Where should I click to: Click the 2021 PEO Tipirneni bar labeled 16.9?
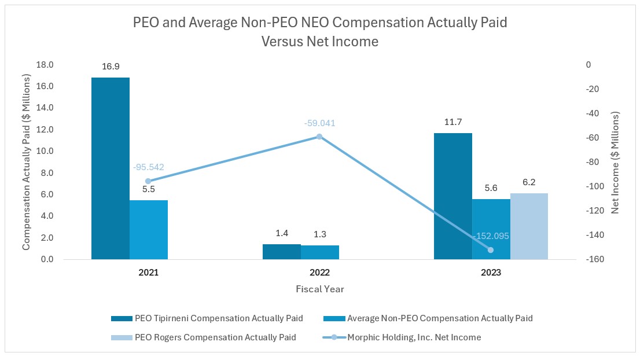[110, 168]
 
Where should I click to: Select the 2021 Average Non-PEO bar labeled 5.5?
[148, 230]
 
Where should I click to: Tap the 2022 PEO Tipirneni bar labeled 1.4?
[281, 252]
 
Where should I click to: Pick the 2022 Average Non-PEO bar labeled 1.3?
[319, 252]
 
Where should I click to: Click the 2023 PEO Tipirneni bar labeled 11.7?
[452, 196]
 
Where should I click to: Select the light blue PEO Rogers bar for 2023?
[529, 226]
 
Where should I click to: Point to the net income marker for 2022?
[319, 137]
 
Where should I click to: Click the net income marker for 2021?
[148, 181]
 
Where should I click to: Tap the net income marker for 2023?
[491, 250]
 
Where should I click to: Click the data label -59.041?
[319, 123]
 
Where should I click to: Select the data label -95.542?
[148, 167]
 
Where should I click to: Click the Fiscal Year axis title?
[319, 288]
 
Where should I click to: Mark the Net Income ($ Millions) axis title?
[615, 163]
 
